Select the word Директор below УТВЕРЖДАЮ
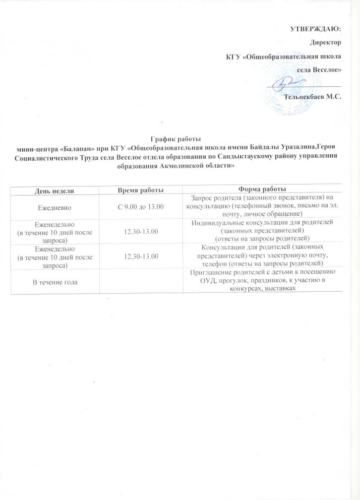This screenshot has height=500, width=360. (325, 44)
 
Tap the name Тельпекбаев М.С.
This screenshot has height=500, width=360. (313, 96)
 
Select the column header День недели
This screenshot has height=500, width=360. (55, 190)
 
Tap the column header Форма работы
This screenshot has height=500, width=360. (262, 190)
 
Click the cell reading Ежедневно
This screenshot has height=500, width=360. (55, 205)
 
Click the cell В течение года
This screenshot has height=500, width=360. (55, 282)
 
